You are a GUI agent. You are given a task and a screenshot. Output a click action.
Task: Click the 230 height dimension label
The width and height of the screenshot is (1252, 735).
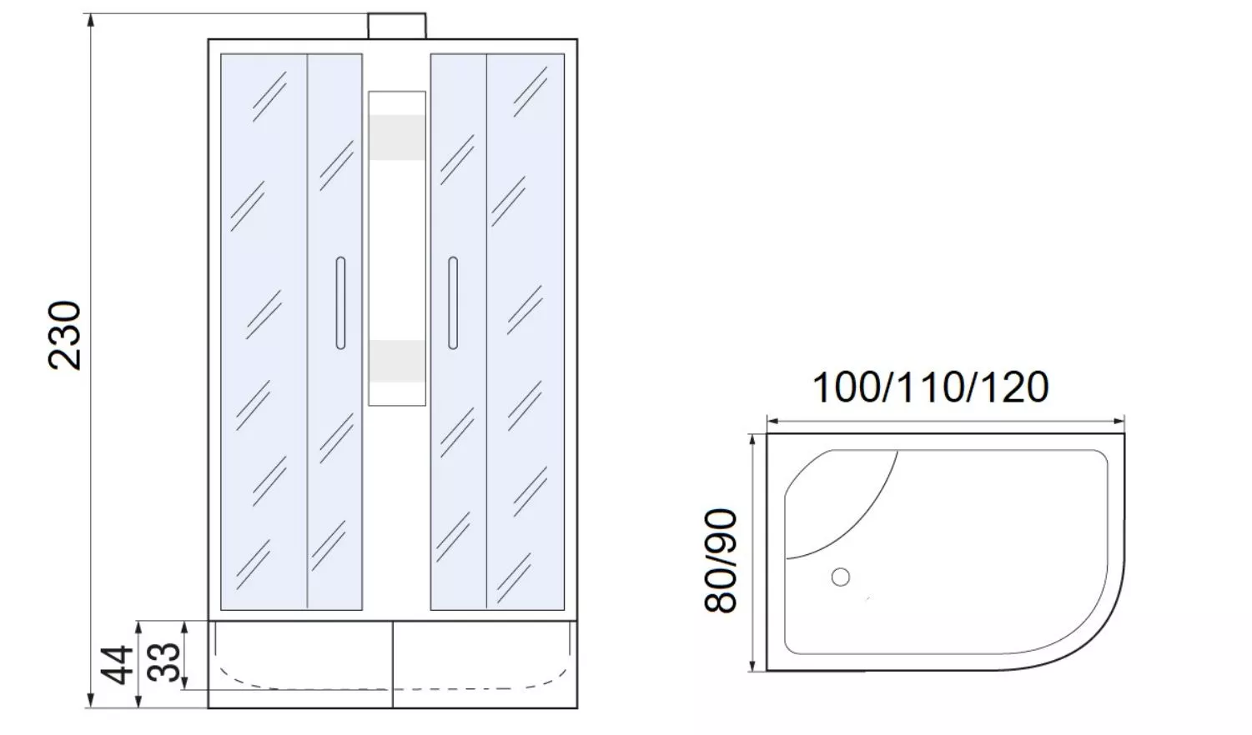(65, 335)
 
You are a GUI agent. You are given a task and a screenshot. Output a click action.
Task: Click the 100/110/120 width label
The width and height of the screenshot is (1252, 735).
(931, 387)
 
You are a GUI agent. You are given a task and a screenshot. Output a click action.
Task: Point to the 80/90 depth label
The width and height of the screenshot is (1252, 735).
(721, 561)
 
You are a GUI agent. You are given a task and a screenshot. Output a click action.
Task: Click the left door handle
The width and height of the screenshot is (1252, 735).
(340, 303)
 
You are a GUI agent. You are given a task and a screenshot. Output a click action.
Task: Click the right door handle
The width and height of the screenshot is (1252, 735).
(453, 303)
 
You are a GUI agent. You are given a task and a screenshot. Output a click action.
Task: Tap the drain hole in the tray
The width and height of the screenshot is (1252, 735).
(841, 577)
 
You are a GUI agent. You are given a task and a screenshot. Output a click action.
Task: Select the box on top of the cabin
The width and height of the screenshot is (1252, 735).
(397, 27)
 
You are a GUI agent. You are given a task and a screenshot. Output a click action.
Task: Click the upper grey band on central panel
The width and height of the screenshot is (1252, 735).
(397, 137)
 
